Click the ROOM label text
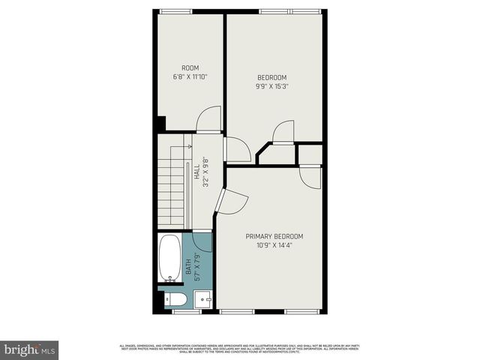click(190, 67)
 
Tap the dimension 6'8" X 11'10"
click(190, 76)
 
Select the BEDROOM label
click(272, 77)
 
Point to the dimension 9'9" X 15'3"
click(272, 86)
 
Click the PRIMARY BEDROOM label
click(274, 236)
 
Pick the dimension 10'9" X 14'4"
click(274, 245)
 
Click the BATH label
click(188, 266)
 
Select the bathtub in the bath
click(171, 258)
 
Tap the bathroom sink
click(202, 301)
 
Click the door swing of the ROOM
click(209, 120)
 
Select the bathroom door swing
click(203, 241)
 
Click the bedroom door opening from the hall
click(237, 149)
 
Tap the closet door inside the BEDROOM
click(283, 132)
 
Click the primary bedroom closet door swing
click(310, 177)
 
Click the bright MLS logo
click(30, 349)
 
